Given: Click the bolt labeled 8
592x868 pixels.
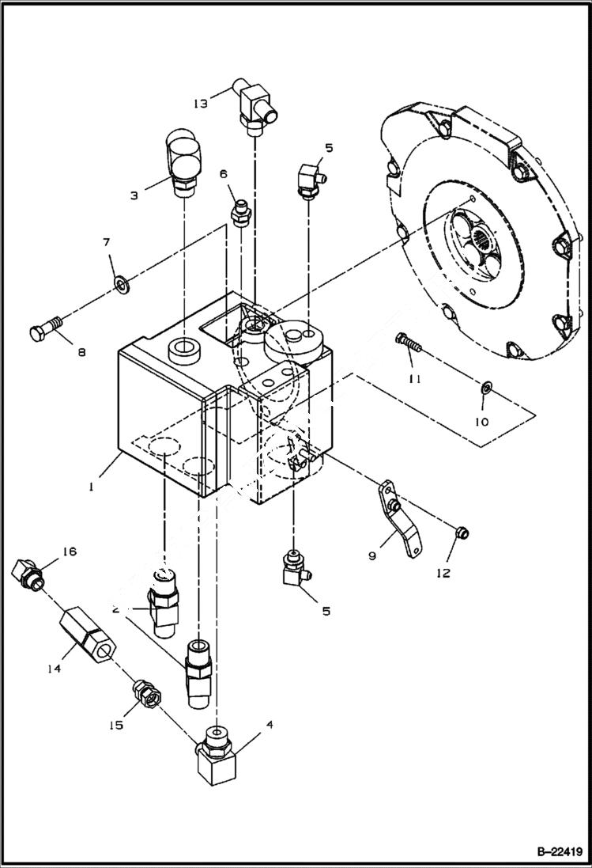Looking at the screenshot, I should [46, 332].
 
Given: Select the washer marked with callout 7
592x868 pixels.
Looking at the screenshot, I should [122, 282].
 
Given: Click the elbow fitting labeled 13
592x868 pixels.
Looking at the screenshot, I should [255, 107].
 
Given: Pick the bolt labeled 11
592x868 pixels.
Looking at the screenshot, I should [406, 343].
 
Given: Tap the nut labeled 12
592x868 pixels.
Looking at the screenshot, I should [461, 533].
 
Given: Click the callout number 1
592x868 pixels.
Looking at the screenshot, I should [92, 487].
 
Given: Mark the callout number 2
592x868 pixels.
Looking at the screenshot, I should [116, 609].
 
